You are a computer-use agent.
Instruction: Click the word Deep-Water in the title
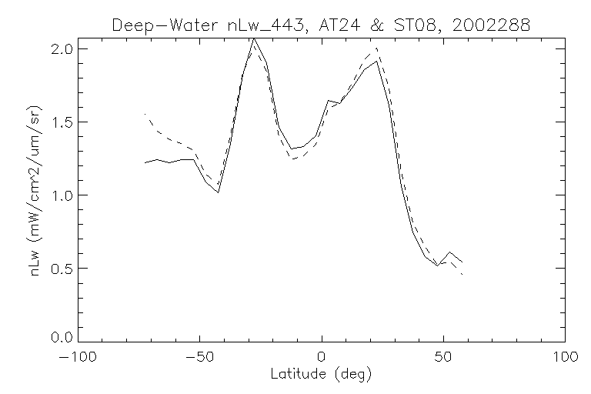point(155,25)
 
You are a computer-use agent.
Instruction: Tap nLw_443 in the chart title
point(252,25)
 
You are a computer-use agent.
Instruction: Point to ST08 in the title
point(391,25)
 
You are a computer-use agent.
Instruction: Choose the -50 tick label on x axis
point(199,357)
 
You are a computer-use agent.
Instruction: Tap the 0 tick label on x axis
point(322,357)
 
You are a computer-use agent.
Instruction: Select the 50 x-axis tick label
point(443,357)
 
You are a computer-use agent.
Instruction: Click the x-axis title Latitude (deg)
point(322,375)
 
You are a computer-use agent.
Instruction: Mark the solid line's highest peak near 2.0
point(254,38)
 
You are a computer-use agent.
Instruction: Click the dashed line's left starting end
point(145,114)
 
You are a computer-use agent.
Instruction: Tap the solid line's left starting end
point(145,162)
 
